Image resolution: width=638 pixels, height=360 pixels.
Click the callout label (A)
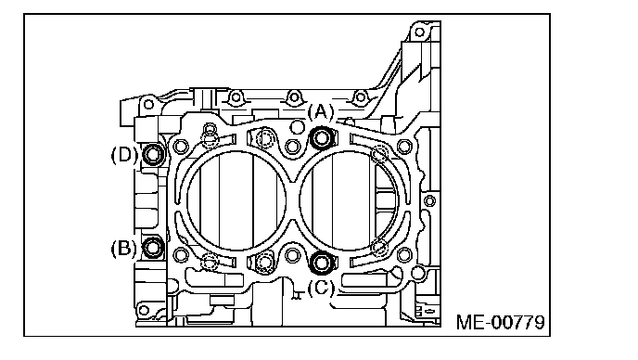[x=321, y=111]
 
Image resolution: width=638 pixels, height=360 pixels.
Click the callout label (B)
[x=123, y=249]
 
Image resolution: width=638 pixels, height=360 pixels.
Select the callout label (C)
[x=321, y=289]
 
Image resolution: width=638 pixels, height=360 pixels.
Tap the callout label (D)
[x=124, y=155]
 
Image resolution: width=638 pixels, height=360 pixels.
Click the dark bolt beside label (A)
[x=322, y=138]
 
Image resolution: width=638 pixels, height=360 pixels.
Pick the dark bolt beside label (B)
[x=153, y=247]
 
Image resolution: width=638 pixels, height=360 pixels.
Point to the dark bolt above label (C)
[x=322, y=263]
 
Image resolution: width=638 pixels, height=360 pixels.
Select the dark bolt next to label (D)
[x=153, y=154]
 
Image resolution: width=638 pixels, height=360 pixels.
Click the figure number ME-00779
[x=500, y=322]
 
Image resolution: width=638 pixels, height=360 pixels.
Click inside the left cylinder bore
[x=236, y=200]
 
